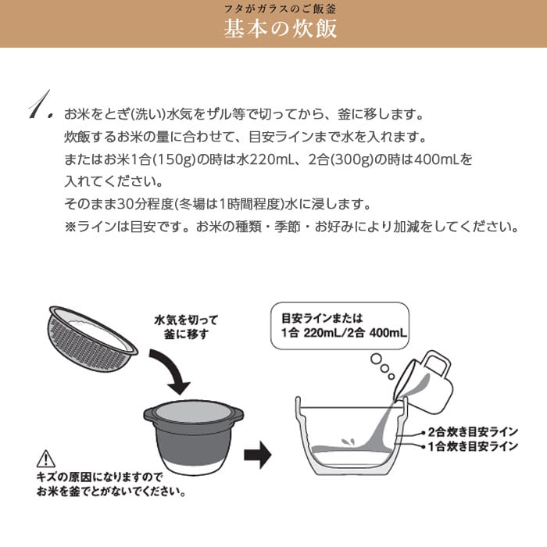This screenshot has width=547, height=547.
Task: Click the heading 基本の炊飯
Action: click(280, 29)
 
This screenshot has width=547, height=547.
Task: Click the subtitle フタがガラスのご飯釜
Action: click(280, 9)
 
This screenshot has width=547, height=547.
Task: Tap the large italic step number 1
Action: click(41, 105)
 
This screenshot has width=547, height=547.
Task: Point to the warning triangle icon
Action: click(45, 459)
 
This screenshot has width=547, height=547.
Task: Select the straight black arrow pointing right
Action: click(257, 455)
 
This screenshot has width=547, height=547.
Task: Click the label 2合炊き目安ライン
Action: click(473, 432)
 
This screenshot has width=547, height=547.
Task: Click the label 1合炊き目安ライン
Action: click(473, 446)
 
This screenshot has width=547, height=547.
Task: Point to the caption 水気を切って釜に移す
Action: click(186, 327)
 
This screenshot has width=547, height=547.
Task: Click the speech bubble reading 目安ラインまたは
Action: click(340, 326)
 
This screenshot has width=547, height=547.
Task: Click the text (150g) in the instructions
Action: click(173, 159)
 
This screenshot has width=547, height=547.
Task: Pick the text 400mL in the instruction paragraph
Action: click(436, 159)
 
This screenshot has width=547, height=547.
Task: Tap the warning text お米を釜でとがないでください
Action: click(111, 492)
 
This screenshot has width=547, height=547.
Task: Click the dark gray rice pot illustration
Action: click(194, 437)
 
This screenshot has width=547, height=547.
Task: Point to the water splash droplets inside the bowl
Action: click(349, 442)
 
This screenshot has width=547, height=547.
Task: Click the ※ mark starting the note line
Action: click(70, 227)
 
